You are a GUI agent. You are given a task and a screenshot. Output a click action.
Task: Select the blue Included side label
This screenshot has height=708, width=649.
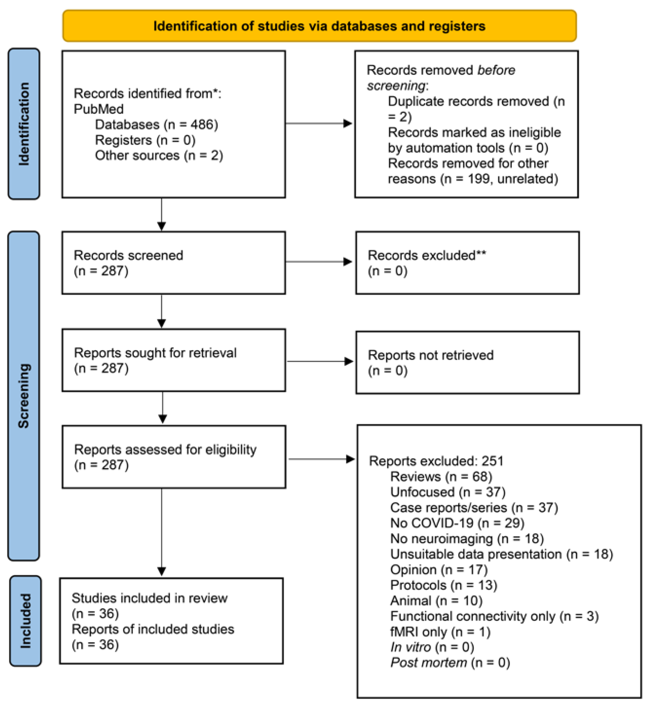tap(25, 620)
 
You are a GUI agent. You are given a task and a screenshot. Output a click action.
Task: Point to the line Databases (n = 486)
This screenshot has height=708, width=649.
tap(156, 125)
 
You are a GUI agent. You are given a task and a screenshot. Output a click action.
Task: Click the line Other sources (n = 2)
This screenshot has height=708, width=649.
tap(159, 155)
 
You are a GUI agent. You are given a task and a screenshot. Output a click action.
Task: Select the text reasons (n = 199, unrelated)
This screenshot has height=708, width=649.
tap(473, 179)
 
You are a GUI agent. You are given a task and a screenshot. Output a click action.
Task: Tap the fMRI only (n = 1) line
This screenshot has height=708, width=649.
tap(440, 632)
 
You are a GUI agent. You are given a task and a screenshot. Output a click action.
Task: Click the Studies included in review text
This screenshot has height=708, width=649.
tap(149, 598)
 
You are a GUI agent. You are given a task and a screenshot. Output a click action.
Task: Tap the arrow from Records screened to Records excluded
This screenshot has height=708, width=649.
tap(318, 262)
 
